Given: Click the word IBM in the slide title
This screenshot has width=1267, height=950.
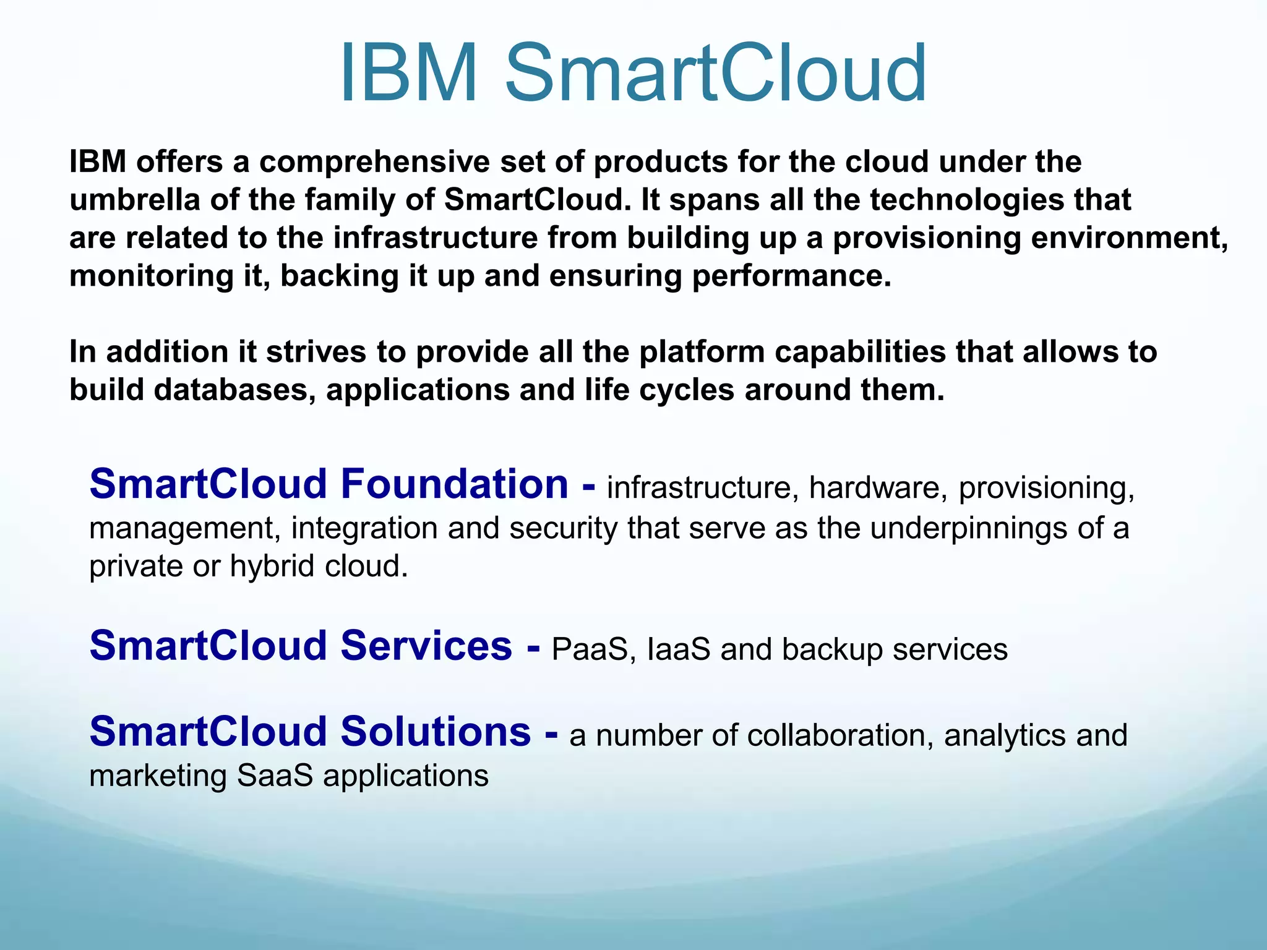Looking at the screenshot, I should coord(409,73).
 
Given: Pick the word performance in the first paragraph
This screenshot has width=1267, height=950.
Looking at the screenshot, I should coord(791,276).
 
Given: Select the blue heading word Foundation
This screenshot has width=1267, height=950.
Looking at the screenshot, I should coord(455,484).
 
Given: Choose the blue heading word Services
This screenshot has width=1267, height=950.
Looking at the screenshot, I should coord(426,646).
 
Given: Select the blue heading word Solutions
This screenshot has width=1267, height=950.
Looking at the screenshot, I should coord(436,732).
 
